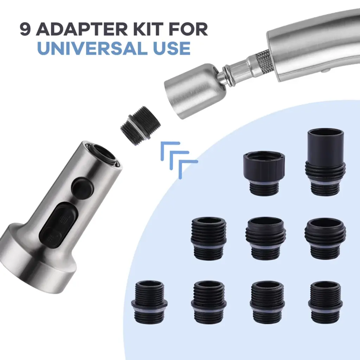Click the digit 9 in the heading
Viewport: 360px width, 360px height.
tap(25, 29)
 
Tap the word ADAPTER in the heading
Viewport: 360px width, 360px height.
tap(81, 29)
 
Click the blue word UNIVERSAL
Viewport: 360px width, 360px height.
tap(91, 48)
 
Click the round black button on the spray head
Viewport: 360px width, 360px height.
tap(83, 187)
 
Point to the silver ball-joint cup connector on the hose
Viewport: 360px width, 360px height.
tap(195, 91)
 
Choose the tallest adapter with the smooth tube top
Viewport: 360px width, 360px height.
tap(325, 162)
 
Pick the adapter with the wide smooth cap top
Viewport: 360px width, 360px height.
tap(264, 173)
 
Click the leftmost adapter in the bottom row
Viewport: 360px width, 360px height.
tap(149, 301)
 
